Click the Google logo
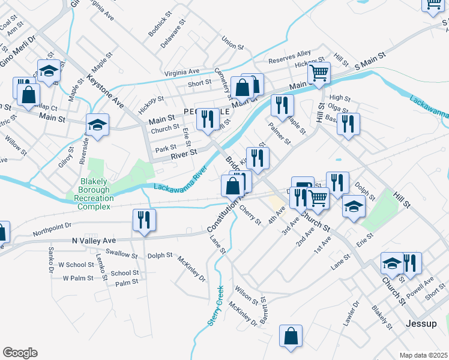[x=20, y=352]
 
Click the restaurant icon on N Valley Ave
[x=144, y=220]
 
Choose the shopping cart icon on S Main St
[x=319, y=73]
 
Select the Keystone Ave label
[x=105, y=91]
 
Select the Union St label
[x=232, y=43]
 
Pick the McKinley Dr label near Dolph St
[x=191, y=269]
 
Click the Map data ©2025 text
[x=423, y=355]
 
